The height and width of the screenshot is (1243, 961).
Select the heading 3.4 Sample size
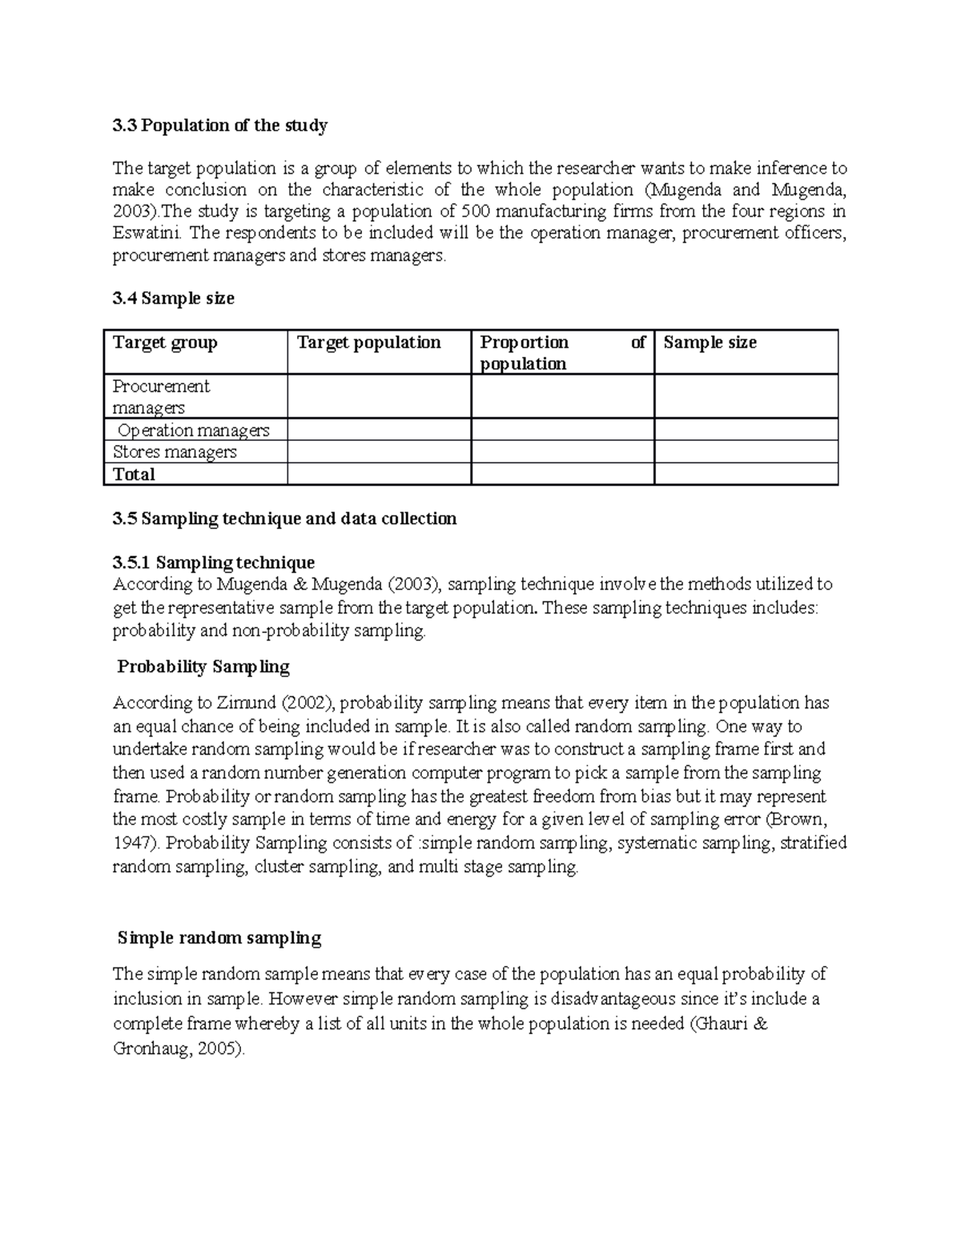tap(174, 299)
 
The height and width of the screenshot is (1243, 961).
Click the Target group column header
tap(165, 343)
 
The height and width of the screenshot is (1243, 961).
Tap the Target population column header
tap(369, 343)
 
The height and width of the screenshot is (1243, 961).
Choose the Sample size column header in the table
tap(710, 343)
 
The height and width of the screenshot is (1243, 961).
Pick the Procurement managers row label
tap(161, 397)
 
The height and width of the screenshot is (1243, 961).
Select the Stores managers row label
tap(175, 452)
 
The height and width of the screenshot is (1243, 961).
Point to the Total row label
tap(134, 475)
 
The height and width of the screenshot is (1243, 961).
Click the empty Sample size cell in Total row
tap(746, 475)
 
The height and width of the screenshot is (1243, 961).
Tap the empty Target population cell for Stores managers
tap(379, 452)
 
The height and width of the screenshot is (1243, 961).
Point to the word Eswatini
tap(147, 234)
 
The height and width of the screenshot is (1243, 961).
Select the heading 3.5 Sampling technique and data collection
tap(285, 519)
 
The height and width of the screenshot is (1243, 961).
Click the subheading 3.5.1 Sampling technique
tap(214, 563)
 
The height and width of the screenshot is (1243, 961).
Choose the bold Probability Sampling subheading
tap(203, 667)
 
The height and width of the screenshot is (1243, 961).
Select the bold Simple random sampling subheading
tap(219, 938)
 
